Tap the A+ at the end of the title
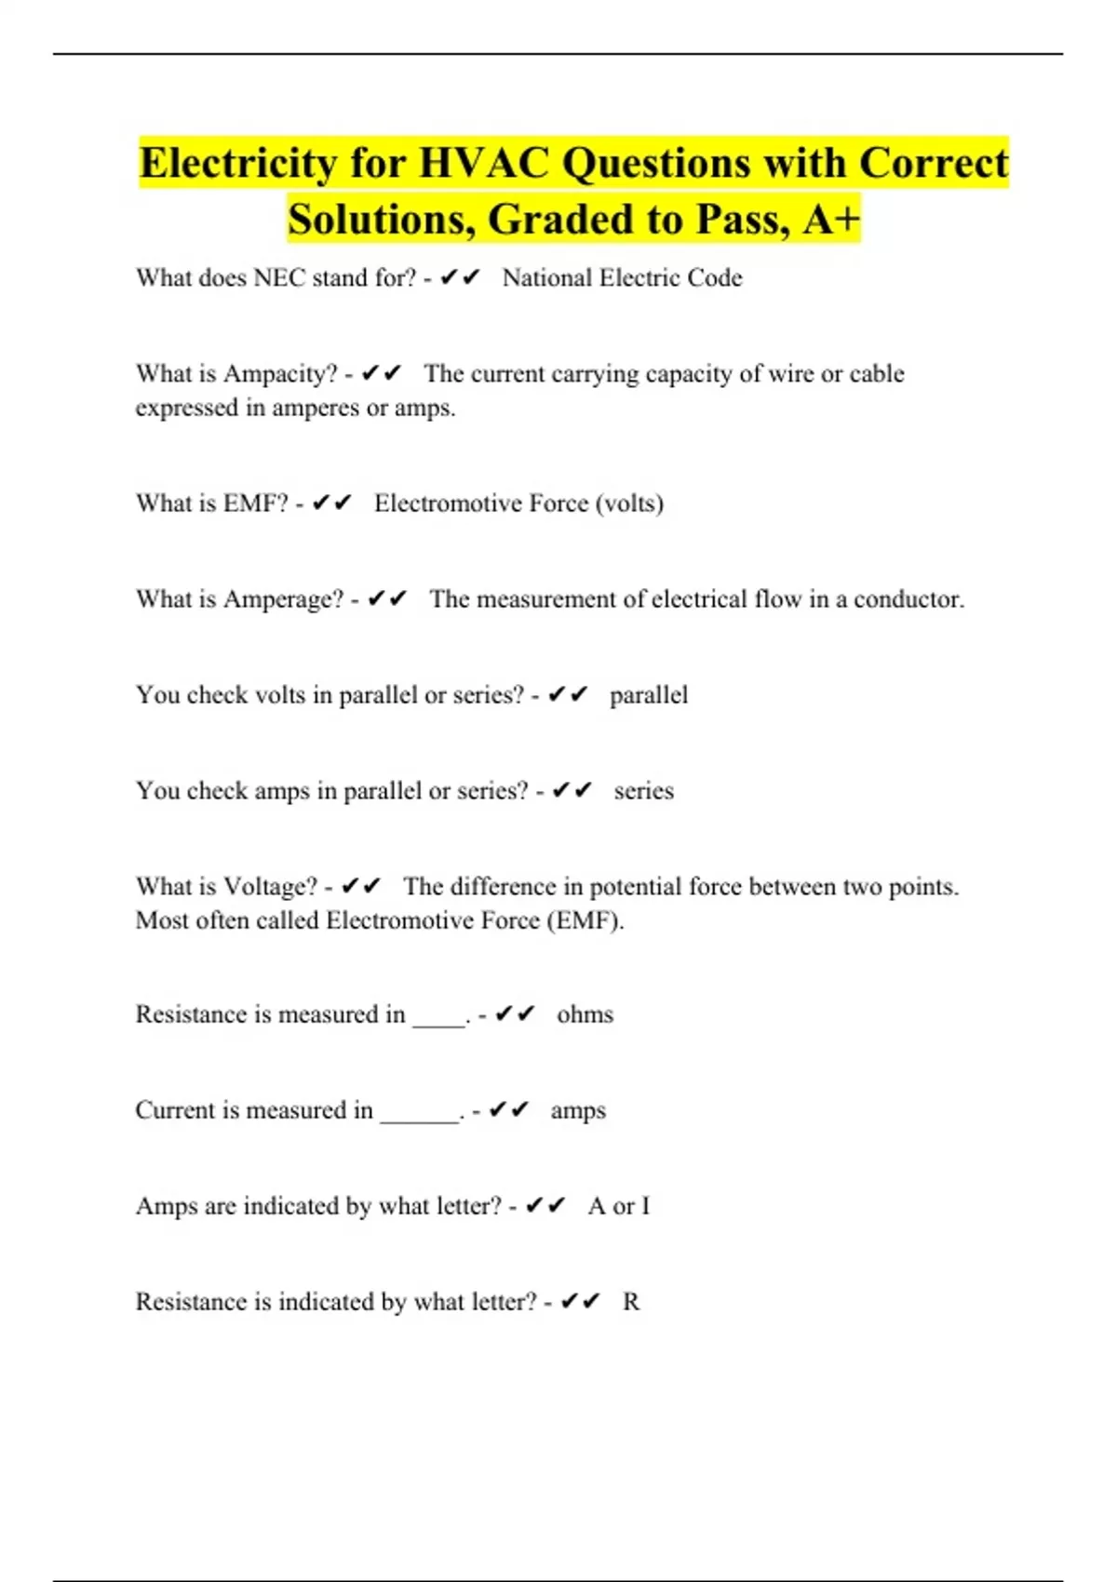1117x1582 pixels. tap(831, 220)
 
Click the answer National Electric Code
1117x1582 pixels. tap(622, 278)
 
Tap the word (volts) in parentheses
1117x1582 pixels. tap(629, 503)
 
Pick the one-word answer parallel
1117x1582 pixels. tap(649, 695)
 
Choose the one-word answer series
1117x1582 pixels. tap(643, 791)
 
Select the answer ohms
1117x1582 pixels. tap(585, 1014)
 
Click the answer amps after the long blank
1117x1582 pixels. tap(578, 1110)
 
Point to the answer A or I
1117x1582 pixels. tap(619, 1206)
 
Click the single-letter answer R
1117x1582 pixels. tap(631, 1302)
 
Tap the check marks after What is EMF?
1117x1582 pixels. tap(332, 503)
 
